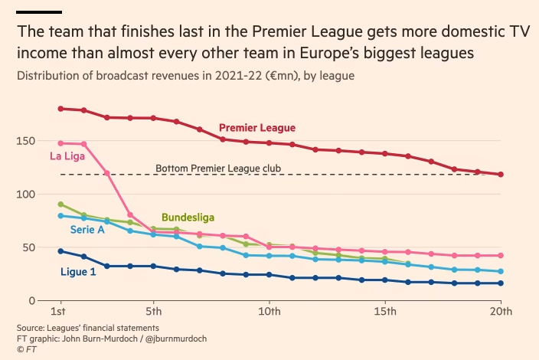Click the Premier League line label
[257, 128]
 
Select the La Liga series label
[67, 158]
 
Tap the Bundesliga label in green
[188, 218]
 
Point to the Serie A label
[87, 229]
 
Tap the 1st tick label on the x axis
[57, 313]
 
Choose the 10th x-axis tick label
[269, 313]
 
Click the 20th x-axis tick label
[501, 313]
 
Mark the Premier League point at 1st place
[60, 109]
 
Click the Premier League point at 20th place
[501, 175]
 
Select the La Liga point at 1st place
[60, 143]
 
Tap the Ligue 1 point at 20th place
[501, 283]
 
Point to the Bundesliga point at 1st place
[60, 205]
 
